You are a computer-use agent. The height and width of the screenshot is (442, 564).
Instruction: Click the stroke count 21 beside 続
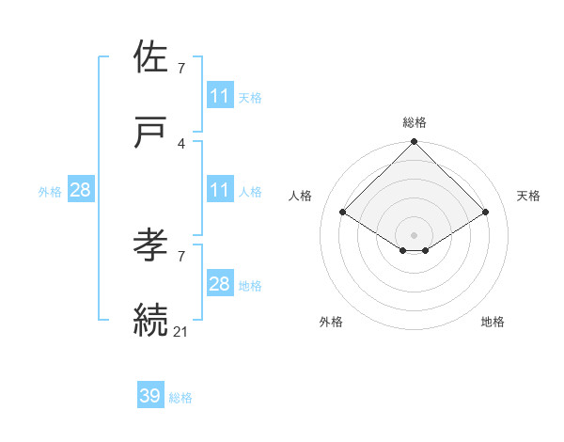click(181, 330)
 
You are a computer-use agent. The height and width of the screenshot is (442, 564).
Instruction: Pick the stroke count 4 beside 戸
click(181, 143)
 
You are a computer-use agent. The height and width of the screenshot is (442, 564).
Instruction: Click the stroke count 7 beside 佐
click(181, 68)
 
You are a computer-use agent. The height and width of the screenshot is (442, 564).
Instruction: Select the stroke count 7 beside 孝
click(181, 256)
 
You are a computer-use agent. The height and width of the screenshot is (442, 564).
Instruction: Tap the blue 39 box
click(150, 396)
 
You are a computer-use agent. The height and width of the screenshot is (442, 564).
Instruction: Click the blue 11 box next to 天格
click(219, 96)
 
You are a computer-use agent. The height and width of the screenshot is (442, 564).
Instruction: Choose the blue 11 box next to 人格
click(219, 190)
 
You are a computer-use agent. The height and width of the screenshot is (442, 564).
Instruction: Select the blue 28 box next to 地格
click(219, 284)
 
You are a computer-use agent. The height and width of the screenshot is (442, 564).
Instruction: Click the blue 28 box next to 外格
click(80, 190)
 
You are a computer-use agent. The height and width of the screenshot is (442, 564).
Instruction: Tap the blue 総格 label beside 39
click(180, 398)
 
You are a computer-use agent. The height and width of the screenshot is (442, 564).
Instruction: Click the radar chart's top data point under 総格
click(414, 142)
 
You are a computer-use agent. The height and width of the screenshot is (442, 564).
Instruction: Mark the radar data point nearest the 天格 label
click(485, 212)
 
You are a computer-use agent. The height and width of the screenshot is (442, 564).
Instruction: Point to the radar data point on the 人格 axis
click(343, 212)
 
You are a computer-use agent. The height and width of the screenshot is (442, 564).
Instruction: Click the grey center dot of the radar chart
click(414, 234)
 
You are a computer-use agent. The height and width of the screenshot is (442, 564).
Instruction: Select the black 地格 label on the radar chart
click(493, 322)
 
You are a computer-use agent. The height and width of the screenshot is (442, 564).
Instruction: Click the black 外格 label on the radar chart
click(331, 322)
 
